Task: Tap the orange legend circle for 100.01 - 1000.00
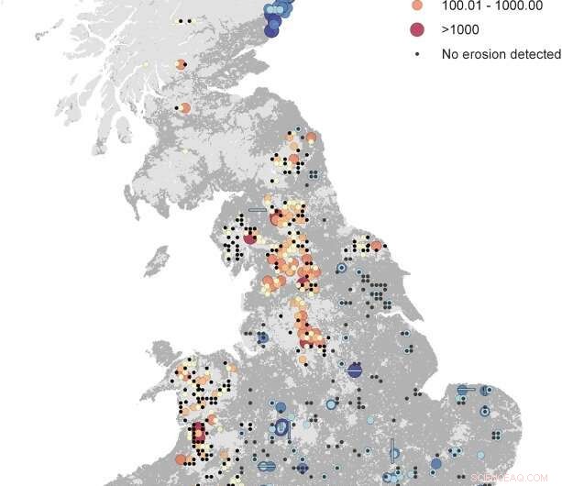tap(417, 6)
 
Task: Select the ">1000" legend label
tap(460, 29)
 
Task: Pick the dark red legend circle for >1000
tap(417, 29)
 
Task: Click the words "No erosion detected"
tap(501, 54)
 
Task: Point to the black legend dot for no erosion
tap(417, 54)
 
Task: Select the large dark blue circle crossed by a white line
tap(355, 370)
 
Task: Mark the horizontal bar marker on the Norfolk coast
tap(467, 390)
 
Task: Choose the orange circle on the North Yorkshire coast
tap(376, 245)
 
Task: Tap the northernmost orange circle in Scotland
tap(182, 64)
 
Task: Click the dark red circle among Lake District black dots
tap(248, 239)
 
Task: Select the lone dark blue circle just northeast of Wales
tap(262, 337)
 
